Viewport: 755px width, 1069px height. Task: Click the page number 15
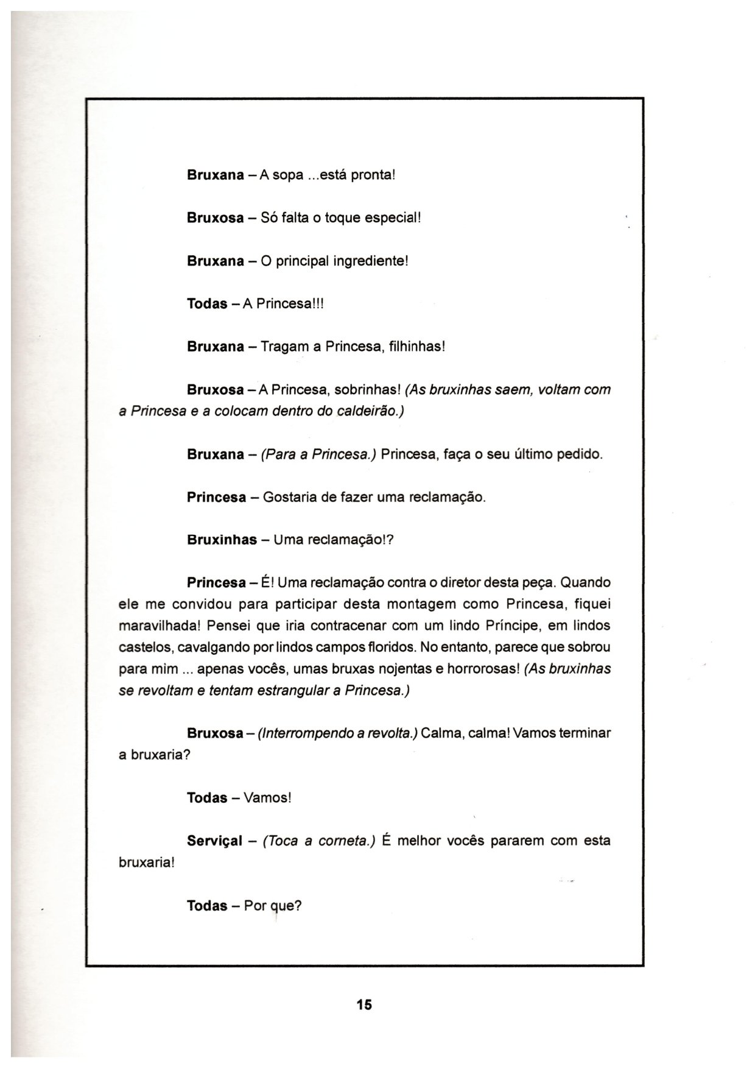coord(364,1004)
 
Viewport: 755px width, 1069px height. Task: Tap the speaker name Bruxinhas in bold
coord(222,540)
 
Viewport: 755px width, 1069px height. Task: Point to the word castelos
coord(138,647)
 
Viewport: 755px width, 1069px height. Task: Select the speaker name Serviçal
coord(215,841)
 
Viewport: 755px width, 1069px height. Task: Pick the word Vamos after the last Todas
coord(267,798)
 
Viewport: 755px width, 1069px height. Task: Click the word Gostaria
coord(290,498)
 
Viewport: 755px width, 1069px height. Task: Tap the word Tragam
coord(285,347)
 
